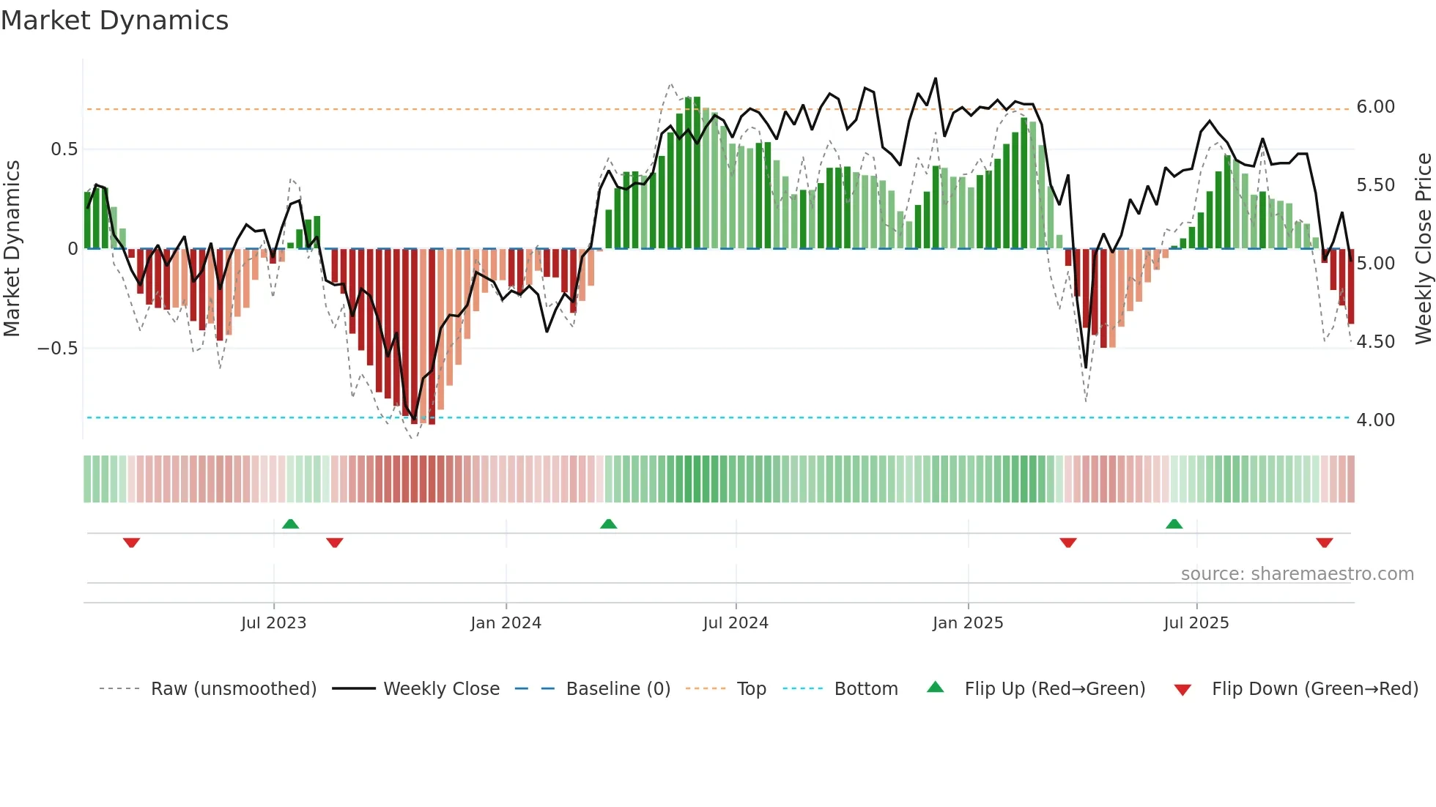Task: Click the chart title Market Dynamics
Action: tap(114, 21)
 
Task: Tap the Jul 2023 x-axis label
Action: tap(273, 623)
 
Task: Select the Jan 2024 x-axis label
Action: tap(506, 623)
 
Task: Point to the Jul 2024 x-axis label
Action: tap(736, 623)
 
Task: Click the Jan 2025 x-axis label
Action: tap(968, 623)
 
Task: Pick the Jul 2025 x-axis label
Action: tap(1196, 623)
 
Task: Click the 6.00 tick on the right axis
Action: tap(1375, 107)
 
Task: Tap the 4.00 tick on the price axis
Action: tap(1375, 420)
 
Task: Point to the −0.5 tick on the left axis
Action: tap(57, 349)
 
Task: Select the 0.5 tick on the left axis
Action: tap(64, 149)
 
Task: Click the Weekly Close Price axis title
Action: tap(1423, 249)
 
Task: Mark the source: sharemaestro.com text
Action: tap(1297, 574)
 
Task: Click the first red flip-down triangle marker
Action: tap(131, 543)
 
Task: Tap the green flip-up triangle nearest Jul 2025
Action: tap(1174, 524)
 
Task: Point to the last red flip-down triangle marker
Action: tap(1324, 543)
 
